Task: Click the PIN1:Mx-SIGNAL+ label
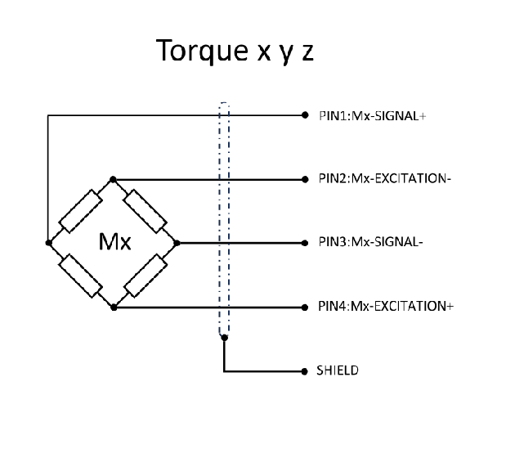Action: pos(372,115)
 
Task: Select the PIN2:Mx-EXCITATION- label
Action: pos(383,179)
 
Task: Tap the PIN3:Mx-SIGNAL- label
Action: pos(369,243)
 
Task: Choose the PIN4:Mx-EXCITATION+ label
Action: pos(385,307)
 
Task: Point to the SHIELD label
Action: pos(337,370)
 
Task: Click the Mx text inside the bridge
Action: pos(114,243)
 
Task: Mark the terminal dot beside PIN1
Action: pos(305,115)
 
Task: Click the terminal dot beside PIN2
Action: pos(305,179)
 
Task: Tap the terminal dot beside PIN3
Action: pos(305,243)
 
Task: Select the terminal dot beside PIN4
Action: pos(305,307)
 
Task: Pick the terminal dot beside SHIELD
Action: pos(305,370)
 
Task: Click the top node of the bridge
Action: pos(114,179)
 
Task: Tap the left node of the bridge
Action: pos(49,243)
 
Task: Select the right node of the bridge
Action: pos(177,243)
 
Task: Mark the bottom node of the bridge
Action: pos(114,307)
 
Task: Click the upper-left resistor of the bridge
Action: pos(81,211)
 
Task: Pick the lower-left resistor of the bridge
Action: pos(81,275)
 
